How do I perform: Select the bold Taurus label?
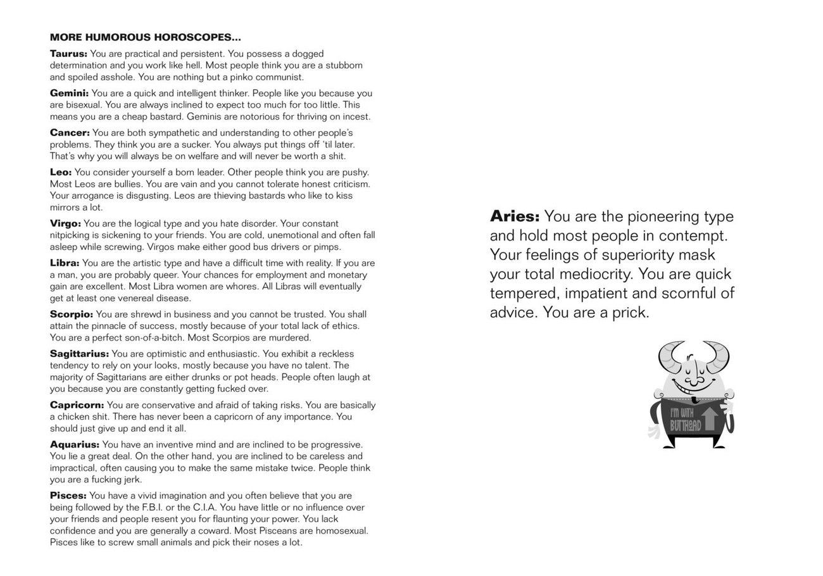(x=68, y=54)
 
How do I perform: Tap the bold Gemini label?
(x=69, y=94)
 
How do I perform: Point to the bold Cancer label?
(x=70, y=133)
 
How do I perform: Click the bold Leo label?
(x=61, y=172)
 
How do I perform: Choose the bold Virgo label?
(x=65, y=223)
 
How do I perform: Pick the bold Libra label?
(x=65, y=263)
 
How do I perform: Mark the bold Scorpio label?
(x=72, y=315)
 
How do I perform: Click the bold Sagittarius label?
(x=79, y=354)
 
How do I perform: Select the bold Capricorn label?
(x=77, y=405)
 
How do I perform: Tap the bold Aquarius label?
(x=75, y=445)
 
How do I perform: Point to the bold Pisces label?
(x=68, y=496)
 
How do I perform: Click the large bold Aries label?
(x=514, y=216)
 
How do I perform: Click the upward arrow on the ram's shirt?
(x=710, y=419)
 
